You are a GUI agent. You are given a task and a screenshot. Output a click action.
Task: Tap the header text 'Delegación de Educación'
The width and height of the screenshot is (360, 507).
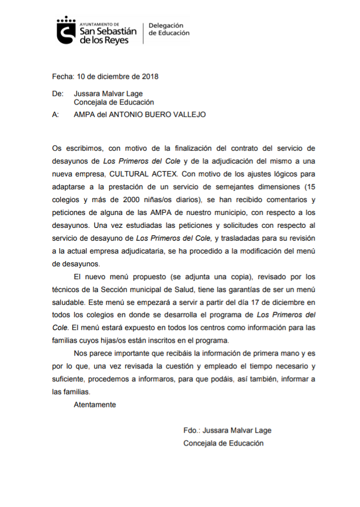tap(168, 29)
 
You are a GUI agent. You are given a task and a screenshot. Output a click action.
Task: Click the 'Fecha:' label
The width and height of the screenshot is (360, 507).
tap(63, 76)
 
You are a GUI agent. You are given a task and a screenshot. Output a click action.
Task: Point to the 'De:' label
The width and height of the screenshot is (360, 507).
tap(58, 94)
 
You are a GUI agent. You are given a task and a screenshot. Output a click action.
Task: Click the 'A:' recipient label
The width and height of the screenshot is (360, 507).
tap(56, 114)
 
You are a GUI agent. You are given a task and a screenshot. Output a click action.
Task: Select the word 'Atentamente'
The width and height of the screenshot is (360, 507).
tap(95, 405)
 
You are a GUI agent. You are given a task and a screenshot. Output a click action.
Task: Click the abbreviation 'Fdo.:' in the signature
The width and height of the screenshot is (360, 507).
tap(192, 431)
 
